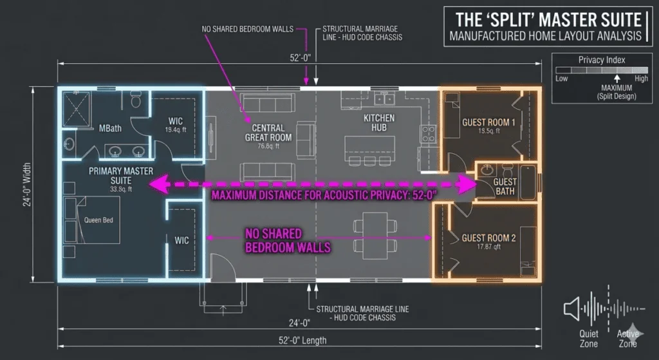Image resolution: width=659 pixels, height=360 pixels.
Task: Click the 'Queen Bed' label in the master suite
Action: (x=98, y=220)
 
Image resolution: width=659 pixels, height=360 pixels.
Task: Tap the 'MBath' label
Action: (x=110, y=128)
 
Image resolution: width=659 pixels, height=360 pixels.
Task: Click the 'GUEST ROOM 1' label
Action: (x=488, y=122)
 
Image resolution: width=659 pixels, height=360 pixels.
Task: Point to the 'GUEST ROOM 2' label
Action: (x=488, y=238)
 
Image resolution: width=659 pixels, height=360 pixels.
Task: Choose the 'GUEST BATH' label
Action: (x=505, y=187)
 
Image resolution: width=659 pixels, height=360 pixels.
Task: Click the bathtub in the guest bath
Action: (x=528, y=182)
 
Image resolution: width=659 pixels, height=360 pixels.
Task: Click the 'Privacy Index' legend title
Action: (x=602, y=60)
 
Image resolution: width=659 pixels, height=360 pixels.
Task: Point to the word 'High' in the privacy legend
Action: (x=641, y=79)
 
